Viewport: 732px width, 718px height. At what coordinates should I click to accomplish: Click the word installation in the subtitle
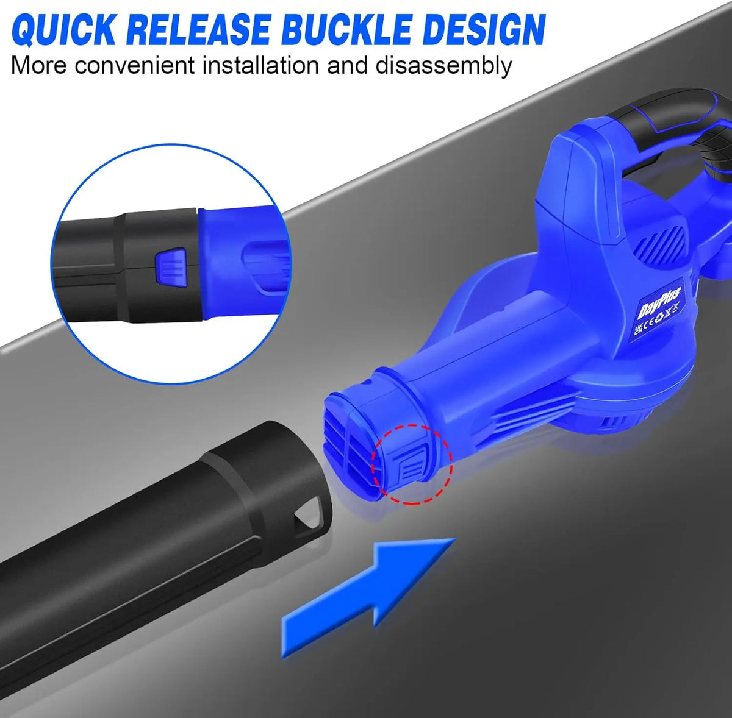(260, 65)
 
